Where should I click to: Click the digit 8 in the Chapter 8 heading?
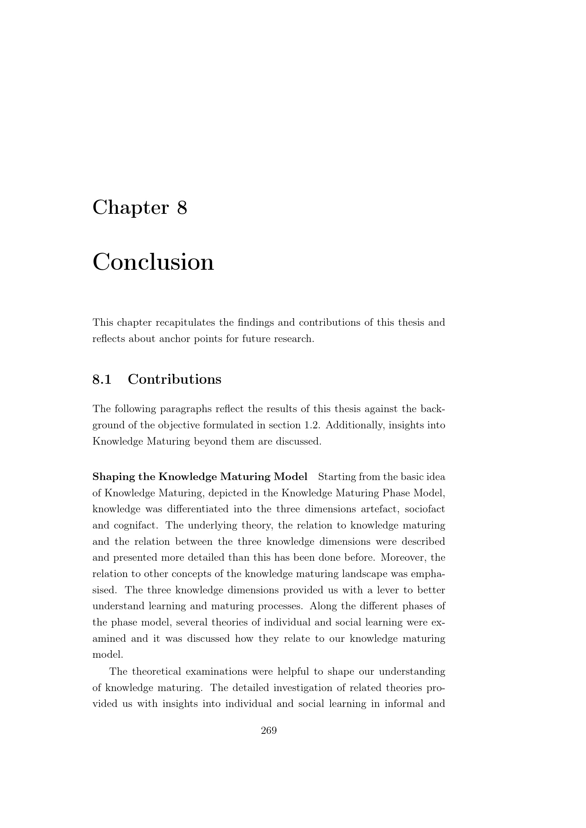pos(182,208)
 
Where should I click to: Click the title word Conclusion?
pos(153,262)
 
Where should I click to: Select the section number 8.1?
pos(102,379)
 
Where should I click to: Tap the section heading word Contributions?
pos(174,379)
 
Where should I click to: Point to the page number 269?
pos(269,731)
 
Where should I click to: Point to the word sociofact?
pos(425,509)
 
